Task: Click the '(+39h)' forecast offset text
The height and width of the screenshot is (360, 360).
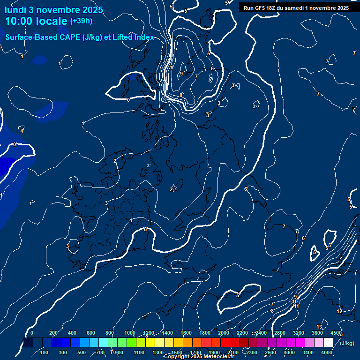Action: pyautogui.click(x=81, y=21)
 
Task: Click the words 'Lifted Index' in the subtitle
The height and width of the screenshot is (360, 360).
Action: pyautogui.click(x=133, y=37)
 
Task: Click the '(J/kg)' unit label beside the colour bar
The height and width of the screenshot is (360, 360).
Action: pyautogui.click(x=347, y=343)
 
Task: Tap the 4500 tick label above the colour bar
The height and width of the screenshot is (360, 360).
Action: pyautogui.click(x=336, y=333)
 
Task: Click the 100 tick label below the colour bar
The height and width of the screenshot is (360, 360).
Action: pyautogui.click(x=45, y=352)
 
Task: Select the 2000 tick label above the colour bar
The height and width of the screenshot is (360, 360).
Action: pyautogui.click(x=224, y=333)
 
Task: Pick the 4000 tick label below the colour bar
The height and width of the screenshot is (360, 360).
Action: pyautogui.click(x=327, y=352)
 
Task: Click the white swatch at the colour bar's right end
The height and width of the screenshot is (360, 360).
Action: pyautogui.click(x=328, y=343)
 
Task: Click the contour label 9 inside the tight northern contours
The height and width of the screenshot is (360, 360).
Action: pyautogui.click(x=181, y=74)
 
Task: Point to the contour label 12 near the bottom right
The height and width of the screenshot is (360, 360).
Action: pyautogui.click(x=339, y=311)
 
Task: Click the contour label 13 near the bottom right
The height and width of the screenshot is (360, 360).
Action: pyautogui.click(x=319, y=327)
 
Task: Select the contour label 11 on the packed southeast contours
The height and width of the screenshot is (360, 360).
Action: pyautogui.click(x=296, y=306)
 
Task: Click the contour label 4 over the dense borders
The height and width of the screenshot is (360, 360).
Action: pyautogui.click(x=131, y=220)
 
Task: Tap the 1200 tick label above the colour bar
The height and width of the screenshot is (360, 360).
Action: pyautogui.click(x=149, y=333)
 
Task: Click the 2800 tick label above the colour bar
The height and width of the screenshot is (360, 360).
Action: pyautogui.click(x=280, y=333)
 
